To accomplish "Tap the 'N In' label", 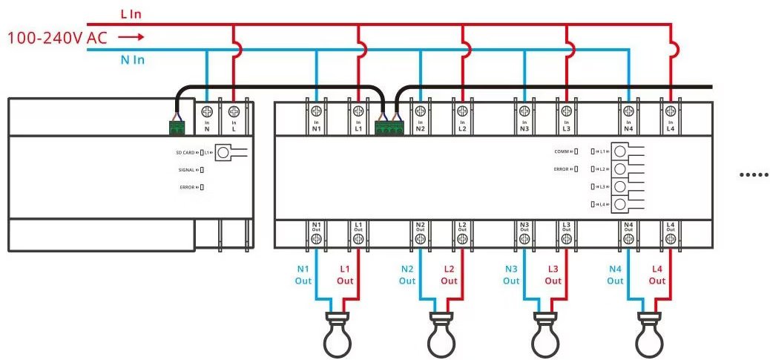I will tap(132, 59).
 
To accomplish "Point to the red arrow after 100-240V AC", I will tap(131, 36).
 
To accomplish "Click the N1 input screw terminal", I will tap(317, 111).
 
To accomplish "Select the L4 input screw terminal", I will tap(671, 111).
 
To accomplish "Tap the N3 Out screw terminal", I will tap(524, 238).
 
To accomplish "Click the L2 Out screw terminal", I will tap(462, 238).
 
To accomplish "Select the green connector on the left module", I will tap(177, 128).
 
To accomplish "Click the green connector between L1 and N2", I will tap(389, 127).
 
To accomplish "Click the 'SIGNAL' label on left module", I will tap(187, 169).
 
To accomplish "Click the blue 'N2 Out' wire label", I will tap(407, 275).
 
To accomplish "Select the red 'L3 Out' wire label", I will tap(553, 275).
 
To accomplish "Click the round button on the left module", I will tap(223, 153).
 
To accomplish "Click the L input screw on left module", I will tap(234, 111).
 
